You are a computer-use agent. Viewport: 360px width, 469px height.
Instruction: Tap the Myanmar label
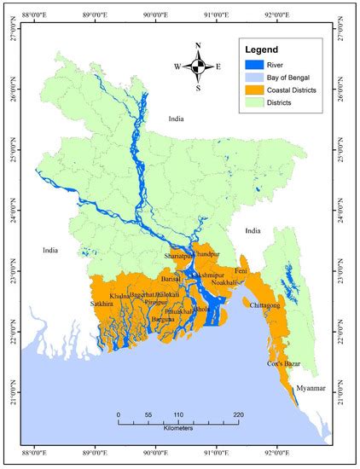309,389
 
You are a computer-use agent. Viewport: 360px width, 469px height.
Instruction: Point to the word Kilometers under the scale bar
179,430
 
